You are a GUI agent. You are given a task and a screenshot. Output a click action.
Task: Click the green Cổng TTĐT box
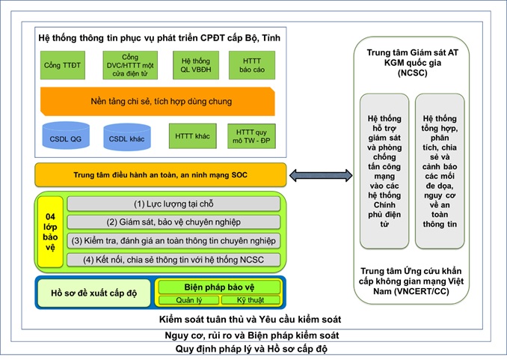(x=63, y=66)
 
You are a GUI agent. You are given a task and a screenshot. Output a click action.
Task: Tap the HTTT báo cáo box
(x=252, y=66)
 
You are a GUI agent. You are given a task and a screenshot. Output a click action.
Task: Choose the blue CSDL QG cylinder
(x=66, y=138)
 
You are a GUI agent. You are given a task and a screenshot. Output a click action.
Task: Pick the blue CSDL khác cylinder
(x=127, y=138)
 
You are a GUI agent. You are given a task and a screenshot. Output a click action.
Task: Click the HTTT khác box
(x=192, y=137)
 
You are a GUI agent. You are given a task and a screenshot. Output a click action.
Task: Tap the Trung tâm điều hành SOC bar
(x=160, y=175)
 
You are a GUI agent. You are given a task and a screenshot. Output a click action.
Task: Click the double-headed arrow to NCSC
(x=319, y=176)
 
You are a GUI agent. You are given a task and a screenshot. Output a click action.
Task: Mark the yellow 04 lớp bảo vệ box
(x=51, y=231)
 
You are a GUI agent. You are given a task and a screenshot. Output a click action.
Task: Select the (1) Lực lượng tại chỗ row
(x=173, y=204)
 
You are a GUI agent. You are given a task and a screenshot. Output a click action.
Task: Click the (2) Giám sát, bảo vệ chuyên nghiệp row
(x=173, y=222)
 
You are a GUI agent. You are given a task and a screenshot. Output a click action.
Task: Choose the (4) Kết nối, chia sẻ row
(x=173, y=260)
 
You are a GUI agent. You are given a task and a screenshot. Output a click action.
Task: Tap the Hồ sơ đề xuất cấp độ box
(x=93, y=293)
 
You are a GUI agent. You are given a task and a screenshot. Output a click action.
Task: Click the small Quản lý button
(x=188, y=300)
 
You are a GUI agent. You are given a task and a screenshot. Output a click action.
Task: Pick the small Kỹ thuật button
(x=250, y=300)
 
